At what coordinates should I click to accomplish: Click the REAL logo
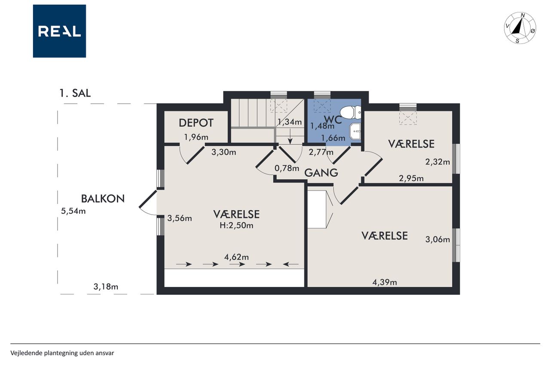coord(59,31)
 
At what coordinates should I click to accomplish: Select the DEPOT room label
coord(196,123)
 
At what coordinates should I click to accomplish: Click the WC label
coord(333,119)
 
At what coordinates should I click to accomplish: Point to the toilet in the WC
coord(351,112)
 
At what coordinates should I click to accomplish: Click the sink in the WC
coord(355,132)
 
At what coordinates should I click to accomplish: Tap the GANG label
coord(321,173)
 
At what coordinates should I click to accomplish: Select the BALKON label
coord(103,199)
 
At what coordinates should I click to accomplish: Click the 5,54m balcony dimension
coord(73,211)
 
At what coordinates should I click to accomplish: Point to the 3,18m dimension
coord(106,287)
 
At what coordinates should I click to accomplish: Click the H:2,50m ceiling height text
coord(236,225)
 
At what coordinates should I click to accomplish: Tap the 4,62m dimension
coord(236,257)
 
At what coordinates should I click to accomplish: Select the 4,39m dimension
coord(385,282)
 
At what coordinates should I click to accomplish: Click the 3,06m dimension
coord(437,239)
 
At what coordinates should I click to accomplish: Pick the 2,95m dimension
coord(411,178)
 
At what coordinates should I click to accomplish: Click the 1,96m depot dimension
coord(196,137)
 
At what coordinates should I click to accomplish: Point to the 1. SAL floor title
coord(75,93)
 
